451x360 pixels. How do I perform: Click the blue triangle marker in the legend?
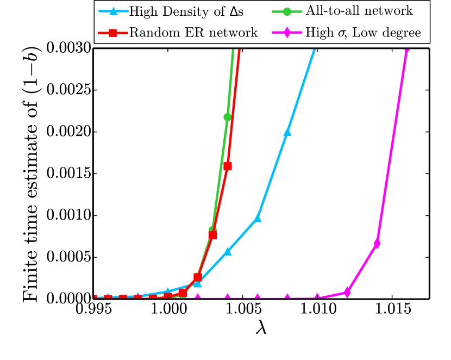113,11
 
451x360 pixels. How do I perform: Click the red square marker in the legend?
112,33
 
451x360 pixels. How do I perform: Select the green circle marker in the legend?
287,11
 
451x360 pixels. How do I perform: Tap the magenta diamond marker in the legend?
287,33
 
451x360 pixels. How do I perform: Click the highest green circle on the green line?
227,117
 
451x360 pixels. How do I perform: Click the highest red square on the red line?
228,166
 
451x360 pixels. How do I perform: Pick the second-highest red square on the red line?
212,235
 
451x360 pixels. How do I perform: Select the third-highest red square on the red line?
198,277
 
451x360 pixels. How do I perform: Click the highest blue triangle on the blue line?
287,132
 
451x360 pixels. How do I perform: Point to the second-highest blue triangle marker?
258,218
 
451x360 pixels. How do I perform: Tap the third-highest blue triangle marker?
228,251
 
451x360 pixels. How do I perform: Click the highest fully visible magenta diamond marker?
377,243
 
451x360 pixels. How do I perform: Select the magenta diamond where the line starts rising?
347,292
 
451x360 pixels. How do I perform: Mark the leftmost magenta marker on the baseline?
198,297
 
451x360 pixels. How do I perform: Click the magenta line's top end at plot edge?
406,51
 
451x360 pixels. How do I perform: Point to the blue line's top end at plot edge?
315,50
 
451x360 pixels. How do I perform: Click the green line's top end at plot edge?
233,51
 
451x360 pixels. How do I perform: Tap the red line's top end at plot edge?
239,51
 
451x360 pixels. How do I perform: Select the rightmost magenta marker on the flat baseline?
317,297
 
